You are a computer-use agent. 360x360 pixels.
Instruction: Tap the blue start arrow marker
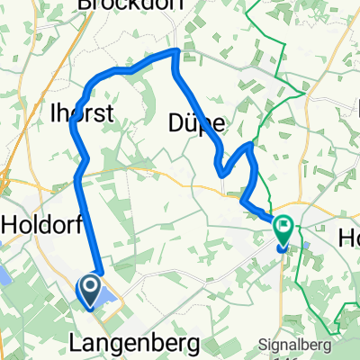click(91, 289)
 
